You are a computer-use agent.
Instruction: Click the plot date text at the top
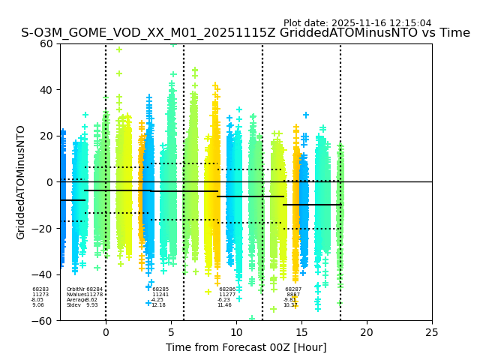coord(357,23)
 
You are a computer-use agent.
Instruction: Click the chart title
coord(245,33)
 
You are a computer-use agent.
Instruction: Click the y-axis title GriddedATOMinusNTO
coord(21,182)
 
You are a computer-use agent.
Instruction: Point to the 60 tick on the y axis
coord(46,43)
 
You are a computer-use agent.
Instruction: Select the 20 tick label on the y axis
coord(46,136)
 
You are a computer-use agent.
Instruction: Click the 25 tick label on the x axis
coord(432,332)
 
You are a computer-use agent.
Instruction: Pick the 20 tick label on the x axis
coord(367,332)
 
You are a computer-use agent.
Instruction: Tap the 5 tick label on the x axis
coord(171,332)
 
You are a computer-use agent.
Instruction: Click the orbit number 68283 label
coord(40,289)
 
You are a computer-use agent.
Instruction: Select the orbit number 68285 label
coord(160,289)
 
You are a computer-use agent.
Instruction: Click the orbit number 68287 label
coord(293,289)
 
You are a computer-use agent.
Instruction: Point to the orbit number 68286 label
coord(227,289)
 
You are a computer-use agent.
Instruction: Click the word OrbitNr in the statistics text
coord(75,289)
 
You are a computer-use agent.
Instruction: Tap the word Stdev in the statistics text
coord(73,305)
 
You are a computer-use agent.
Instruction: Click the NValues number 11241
coord(160,295)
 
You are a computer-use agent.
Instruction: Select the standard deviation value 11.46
coord(224,305)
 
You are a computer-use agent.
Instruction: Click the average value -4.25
coord(157,300)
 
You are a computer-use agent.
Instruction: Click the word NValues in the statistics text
coord(76,295)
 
